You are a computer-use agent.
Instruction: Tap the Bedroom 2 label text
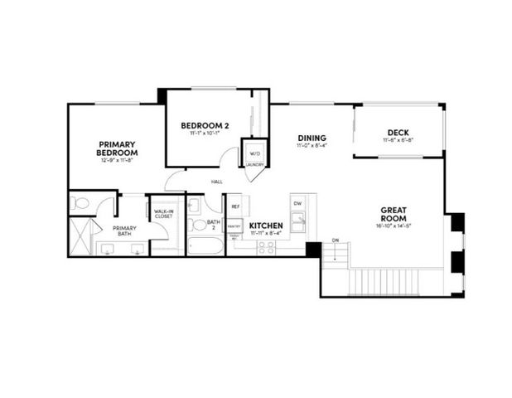click(x=205, y=126)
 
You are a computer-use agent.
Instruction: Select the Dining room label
click(x=312, y=138)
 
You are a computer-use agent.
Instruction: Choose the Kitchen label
click(x=267, y=226)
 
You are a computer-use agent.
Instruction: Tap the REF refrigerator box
click(x=235, y=206)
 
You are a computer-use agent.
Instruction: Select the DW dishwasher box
click(x=297, y=202)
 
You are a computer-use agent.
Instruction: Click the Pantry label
click(x=234, y=225)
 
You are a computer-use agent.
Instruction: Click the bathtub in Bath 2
click(x=205, y=246)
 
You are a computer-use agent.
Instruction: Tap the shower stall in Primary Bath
click(x=81, y=237)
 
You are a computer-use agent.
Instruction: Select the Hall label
click(x=217, y=181)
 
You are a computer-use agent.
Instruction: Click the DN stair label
click(x=336, y=240)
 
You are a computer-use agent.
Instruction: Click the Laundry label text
click(x=254, y=164)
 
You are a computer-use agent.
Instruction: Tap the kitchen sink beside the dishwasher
click(x=298, y=221)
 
